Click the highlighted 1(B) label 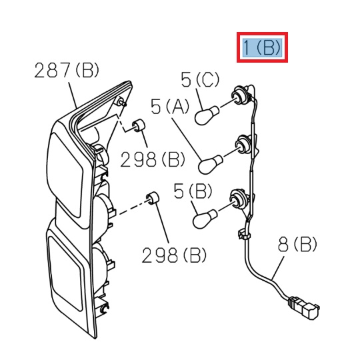click(x=263, y=47)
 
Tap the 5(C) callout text click(x=199, y=80)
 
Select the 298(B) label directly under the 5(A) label click(x=153, y=159)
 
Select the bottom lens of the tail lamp click(x=68, y=267)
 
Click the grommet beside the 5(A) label click(x=139, y=126)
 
